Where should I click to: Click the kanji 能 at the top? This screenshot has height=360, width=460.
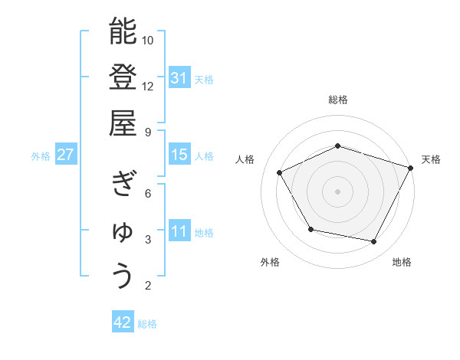tap(123, 31)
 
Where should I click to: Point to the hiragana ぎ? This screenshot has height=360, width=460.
tap(123, 184)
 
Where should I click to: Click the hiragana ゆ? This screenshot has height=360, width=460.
tap(123, 231)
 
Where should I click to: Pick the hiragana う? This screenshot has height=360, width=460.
tap(123, 277)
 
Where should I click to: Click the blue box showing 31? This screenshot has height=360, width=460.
tap(179, 77)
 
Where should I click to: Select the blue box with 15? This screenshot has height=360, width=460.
tap(179, 155)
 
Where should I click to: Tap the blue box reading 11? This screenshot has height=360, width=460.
tap(179, 232)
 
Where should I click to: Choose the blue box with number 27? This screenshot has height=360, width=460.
tap(66, 155)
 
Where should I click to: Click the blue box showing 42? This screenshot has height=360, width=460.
tap(123, 322)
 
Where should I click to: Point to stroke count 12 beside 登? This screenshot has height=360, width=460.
tap(148, 86)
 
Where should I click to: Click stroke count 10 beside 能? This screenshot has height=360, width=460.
tap(148, 40)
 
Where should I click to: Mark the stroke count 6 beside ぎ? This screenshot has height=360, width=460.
tap(148, 193)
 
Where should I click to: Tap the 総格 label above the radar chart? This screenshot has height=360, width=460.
tap(338, 100)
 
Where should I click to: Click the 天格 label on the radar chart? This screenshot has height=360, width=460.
tap(431, 159)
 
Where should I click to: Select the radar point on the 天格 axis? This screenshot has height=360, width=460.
tap(411, 167)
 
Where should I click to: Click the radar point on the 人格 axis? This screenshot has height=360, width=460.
tap(280, 172)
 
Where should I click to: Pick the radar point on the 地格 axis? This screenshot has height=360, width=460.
tap(374, 242)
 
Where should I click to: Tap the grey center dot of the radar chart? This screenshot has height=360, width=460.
tap(338, 191)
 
